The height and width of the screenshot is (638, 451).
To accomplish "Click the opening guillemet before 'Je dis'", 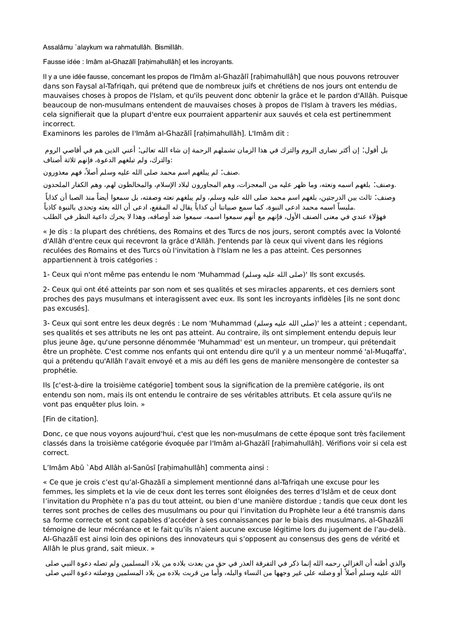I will (45, 232).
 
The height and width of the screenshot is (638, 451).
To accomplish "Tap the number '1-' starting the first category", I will (46, 275).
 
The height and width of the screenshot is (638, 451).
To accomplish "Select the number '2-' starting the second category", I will (46, 290).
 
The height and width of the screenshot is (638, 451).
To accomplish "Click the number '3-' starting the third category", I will (46, 323).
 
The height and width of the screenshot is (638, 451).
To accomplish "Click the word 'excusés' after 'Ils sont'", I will (352, 275).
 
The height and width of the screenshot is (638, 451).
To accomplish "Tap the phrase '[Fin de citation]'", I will (71, 419).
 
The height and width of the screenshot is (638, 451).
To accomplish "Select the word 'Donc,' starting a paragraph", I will (52, 434).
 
